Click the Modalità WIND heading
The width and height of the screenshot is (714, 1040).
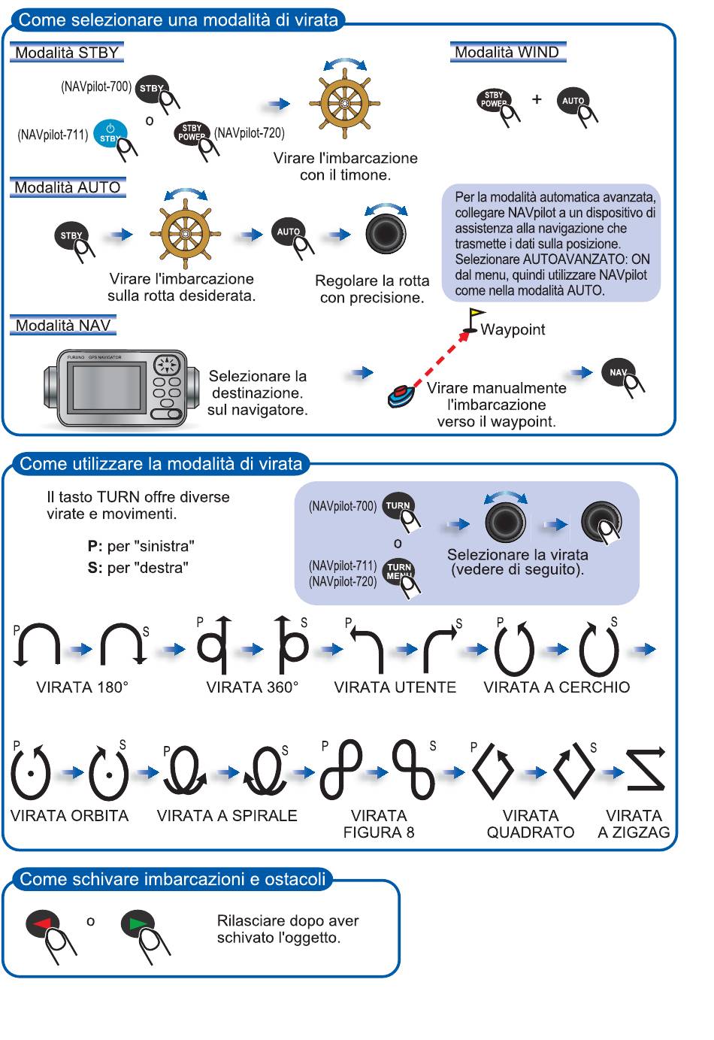click(507, 52)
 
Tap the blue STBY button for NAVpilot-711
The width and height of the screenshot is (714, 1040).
click(110, 133)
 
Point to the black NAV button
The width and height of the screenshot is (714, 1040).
click(619, 371)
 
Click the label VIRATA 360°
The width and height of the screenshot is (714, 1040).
click(253, 687)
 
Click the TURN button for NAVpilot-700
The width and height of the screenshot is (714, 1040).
click(398, 505)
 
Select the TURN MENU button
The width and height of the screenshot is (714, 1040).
click(399, 571)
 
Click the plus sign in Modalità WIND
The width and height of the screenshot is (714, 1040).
click(537, 99)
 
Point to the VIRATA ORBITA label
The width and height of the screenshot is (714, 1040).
click(70, 816)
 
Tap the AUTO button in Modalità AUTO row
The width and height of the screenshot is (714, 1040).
click(288, 231)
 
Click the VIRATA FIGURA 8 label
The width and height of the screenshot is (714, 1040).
click(379, 824)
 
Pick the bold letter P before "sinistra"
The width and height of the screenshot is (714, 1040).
click(92, 546)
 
